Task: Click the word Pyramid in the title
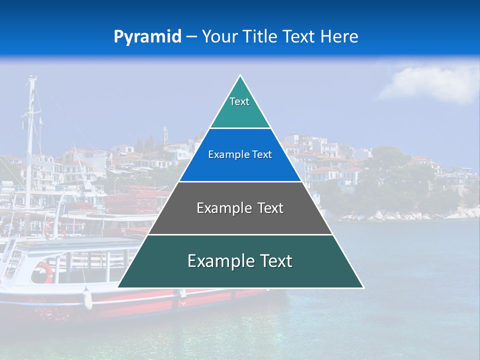pos(147,37)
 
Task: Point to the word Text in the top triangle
pos(239,101)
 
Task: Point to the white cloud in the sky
pos(430,82)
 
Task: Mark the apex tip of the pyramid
pos(240,76)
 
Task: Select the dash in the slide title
pos(191,37)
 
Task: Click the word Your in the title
pos(218,36)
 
